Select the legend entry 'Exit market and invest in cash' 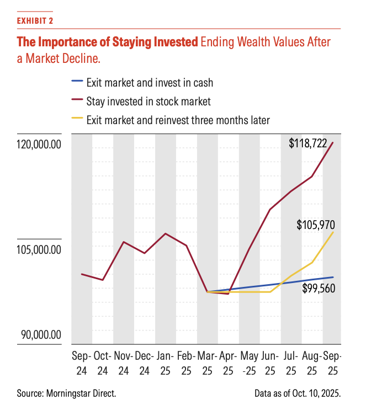150,83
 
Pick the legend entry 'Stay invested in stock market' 149,101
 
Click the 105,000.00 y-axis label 36,250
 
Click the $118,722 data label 308,145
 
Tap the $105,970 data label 316,225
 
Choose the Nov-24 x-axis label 124,364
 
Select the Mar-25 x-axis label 207,364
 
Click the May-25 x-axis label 250,364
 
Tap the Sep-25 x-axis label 332,364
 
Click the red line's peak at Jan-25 166,233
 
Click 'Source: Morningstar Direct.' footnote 66,394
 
